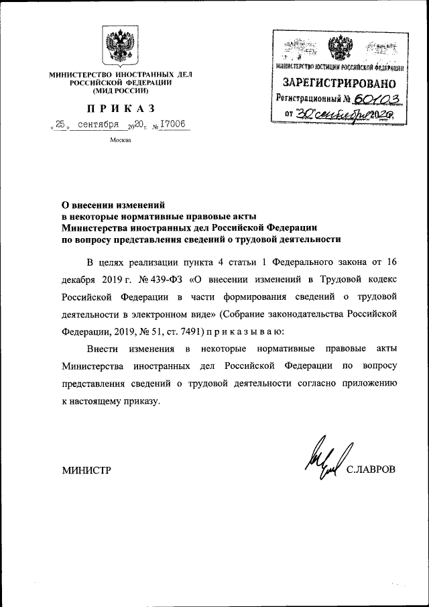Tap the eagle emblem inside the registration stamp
click(x=338, y=48)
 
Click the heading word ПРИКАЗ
click(x=121, y=109)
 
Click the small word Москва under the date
click(x=121, y=140)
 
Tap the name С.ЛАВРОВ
click(x=371, y=470)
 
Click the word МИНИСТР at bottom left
click(x=86, y=470)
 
